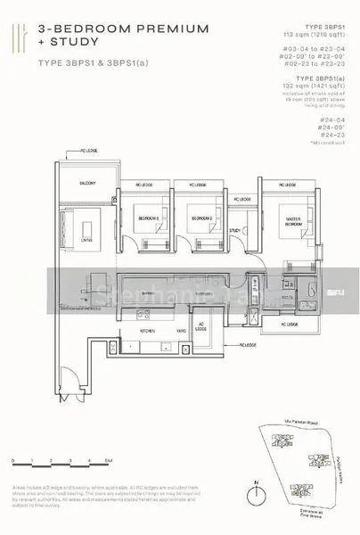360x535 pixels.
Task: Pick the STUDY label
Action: click(x=235, y=231)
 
